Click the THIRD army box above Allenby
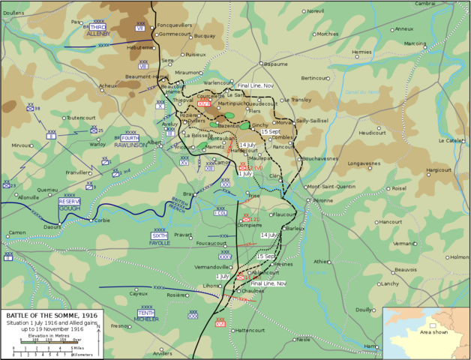pos(98,27)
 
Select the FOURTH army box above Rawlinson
pos(130,139)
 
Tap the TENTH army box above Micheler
pos(147,312)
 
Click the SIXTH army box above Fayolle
pos(159,235)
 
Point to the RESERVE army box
pos(70,202)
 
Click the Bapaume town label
pos(276,64)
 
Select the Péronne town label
pos(321,201)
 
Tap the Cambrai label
pos(446,4)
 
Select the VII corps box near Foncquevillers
pos(140,28)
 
